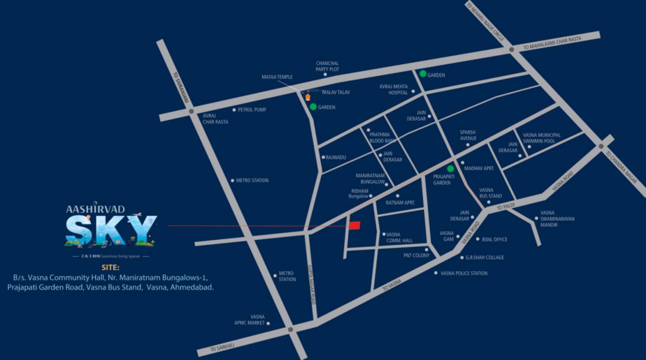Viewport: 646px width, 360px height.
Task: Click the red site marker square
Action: [x=355, y=225]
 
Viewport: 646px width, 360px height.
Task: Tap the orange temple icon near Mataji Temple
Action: [x=308, y=97]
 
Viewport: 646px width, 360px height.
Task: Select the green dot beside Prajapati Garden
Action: [x=450, y=169]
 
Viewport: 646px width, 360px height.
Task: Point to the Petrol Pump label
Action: [x=252, y=110]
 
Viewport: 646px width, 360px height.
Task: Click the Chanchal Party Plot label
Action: [x=327, y=66]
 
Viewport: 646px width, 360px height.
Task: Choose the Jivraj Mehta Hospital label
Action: [x=394, y=90]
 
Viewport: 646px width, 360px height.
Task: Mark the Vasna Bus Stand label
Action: [x=490, y=193]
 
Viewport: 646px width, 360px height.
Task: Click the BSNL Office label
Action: [x=495, y=240]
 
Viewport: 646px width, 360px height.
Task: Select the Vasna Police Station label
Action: [x=464, y=273]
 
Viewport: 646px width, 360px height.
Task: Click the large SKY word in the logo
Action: [x=111, y=231]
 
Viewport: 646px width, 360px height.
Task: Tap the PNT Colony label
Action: [x=416, y=255]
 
